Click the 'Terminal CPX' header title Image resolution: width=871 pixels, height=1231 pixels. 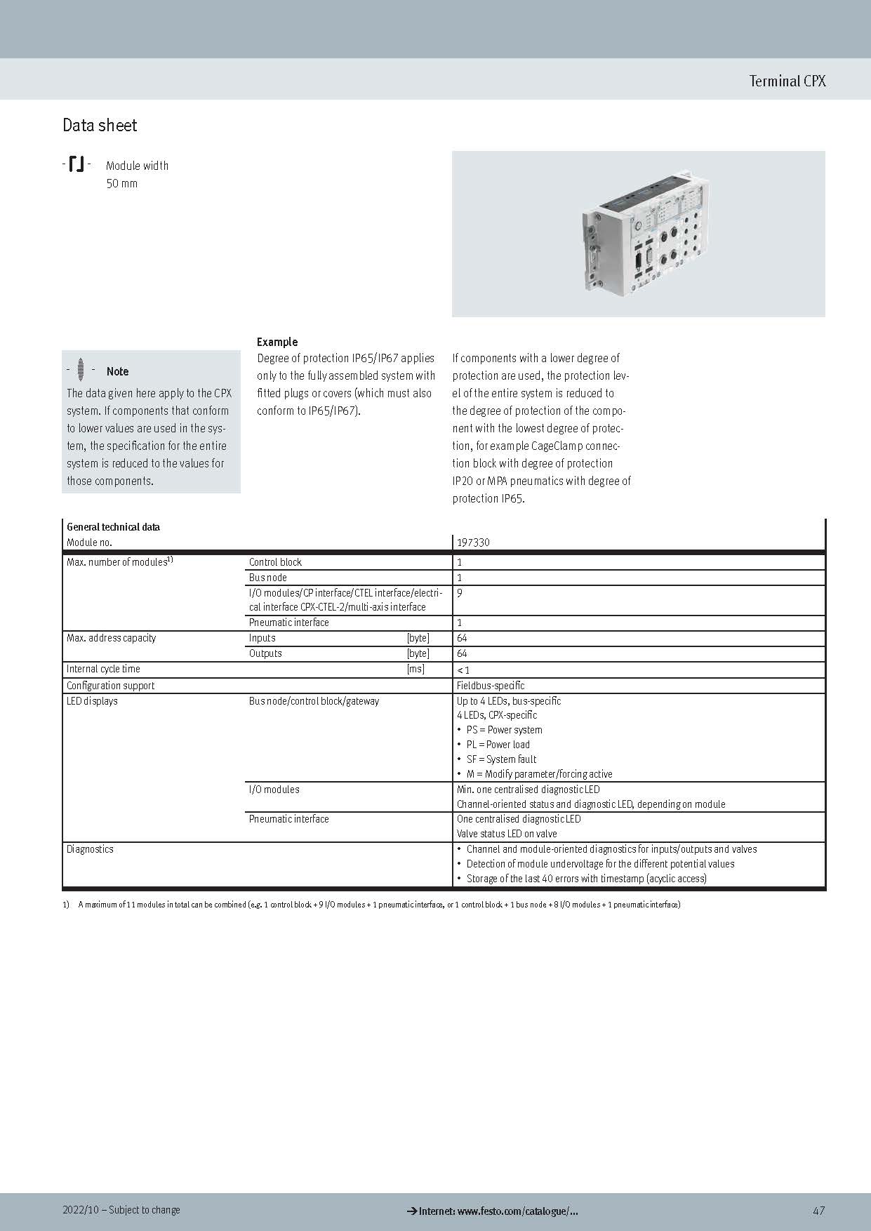[x=787, y=81]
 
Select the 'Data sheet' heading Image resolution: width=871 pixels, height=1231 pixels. [x=100, y=126]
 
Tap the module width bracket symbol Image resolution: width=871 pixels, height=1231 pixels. [x=77, y=165]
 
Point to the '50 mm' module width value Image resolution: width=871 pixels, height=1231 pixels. [x=121, y=184]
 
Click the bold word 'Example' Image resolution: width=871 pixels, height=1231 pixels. [x=277, y=342]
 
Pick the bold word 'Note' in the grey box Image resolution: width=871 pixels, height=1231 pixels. [x=117, y=371]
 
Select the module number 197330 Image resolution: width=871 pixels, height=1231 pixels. [x=473, y=543]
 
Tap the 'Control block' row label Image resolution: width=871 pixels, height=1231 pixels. [x=275, y=562]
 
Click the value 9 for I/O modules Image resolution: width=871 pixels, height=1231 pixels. [x=460, y=593]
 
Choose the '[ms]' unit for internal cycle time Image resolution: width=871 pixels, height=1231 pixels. [x=415, y=669]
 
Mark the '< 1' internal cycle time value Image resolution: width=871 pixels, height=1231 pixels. [x=463, y=670]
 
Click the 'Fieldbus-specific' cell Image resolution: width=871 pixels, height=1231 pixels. [x=491, y=686]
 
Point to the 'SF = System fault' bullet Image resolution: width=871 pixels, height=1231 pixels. [x=501, y=759]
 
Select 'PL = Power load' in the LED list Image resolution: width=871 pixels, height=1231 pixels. [x=498, y=745]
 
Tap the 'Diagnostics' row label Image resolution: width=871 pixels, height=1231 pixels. [x=90, y=849]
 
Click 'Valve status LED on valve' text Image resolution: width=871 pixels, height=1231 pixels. [x=507, y=834]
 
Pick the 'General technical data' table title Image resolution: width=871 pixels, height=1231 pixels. [x=113, y=527]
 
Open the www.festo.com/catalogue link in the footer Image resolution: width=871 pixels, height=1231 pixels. [x=498, y=1211]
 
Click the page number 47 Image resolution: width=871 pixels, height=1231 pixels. [x=818, y=1211]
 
